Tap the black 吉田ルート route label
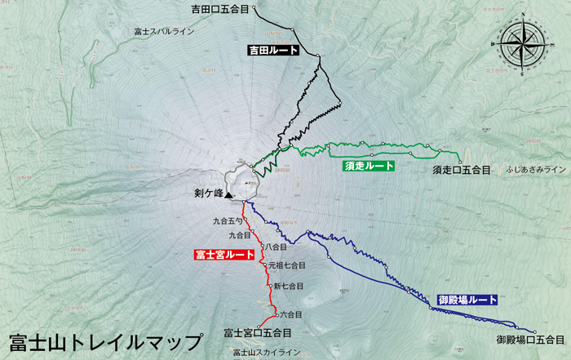tap(272, 51)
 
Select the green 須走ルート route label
tap(369, 166)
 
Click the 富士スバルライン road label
tap(164, 32)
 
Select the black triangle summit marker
tap(229, 194)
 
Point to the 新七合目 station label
tap(288, 287)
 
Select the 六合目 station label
tap(290, 314)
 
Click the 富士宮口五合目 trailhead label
tap(257, 333)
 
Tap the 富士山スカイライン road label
tap(266, 353)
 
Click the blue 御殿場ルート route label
tap(467, 300)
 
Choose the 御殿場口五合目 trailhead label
tap(530, 339)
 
